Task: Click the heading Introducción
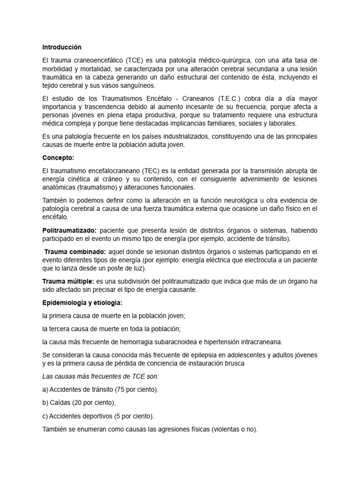pyautogui.click(x=61, y=47)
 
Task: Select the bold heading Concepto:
pyautogui.click(x=59, y=158)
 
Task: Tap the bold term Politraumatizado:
pyautogui.click(x=69, y=230)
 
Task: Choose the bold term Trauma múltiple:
pyautogui.click(x=67, y=281)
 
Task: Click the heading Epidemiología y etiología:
pyautogui.click(x=82, y=303)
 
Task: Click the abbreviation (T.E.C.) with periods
pyautogui.click(x=217, y=98)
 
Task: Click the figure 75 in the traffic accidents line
pyautogui.click(x=122, y=389)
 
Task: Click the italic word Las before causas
pyautogui.click(x=48, y=376)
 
